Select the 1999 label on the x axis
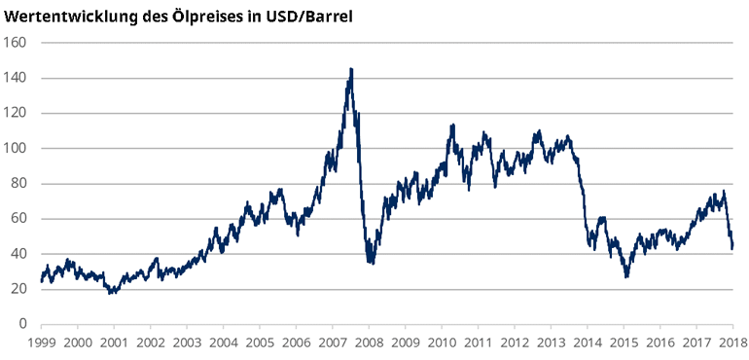(41, 342)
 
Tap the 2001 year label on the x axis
(114, 342)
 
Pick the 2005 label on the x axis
(259, 342)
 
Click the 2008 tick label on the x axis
(368, 342)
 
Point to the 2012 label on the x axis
(514, 342)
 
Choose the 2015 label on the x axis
(623, 342)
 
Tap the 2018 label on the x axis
(731, 342)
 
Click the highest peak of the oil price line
(351, 69)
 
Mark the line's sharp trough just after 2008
(371, 263)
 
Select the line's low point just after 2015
(627, 276)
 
